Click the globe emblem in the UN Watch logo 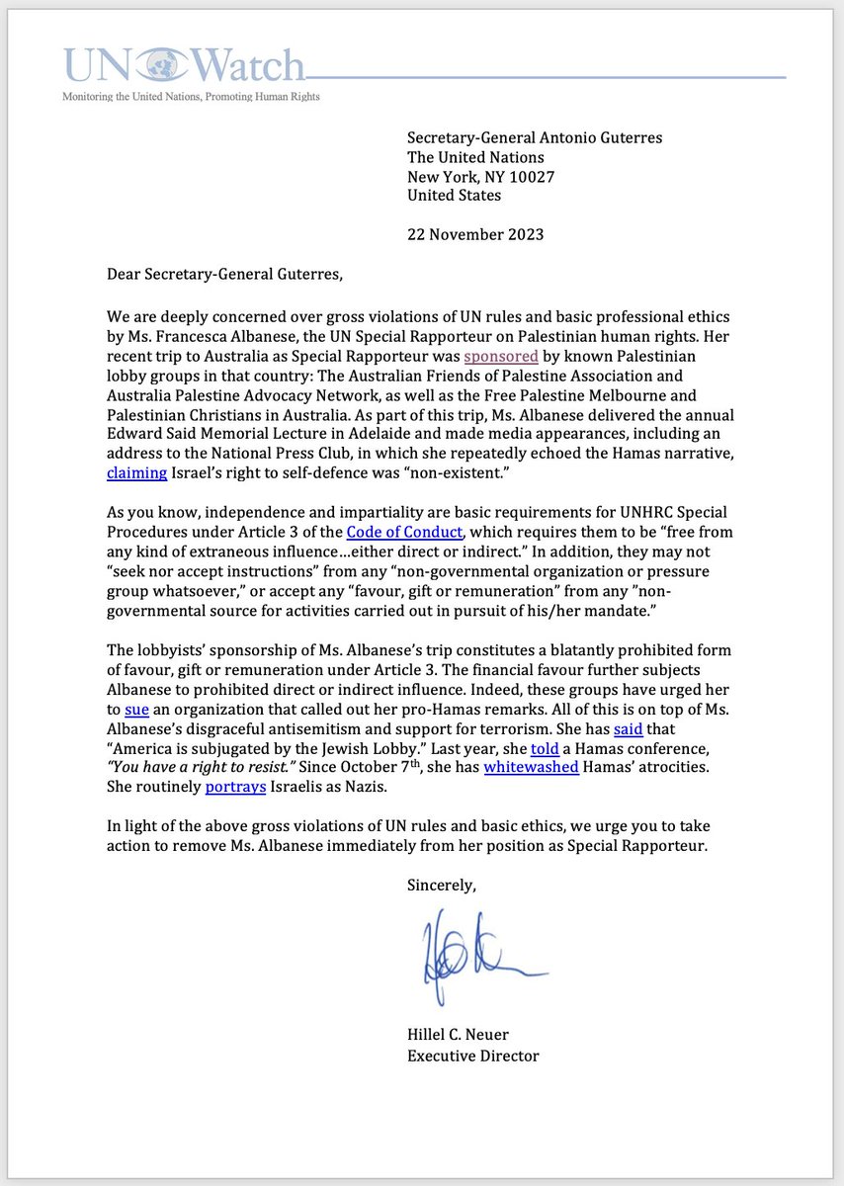click(158, 67)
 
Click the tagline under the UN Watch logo click(191, 97)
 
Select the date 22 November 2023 click(475, 234)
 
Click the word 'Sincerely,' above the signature click(442, 886)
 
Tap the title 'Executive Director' click(473, 1055)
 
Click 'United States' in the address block click(454, 196)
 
